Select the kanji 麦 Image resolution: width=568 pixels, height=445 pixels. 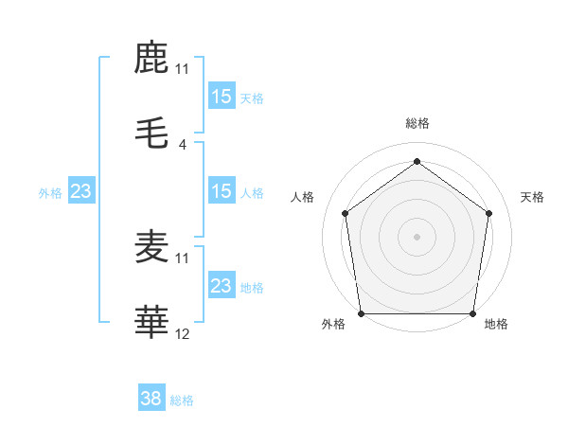click(151, 248)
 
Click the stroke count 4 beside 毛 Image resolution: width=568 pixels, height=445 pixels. click(183, 145)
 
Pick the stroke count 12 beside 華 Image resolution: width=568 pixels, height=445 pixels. click(183, 334)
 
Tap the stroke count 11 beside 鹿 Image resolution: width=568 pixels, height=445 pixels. click(183, 69)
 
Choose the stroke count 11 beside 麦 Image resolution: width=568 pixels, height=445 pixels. click(183, 258)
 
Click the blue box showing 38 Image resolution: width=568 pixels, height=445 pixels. click(151, 400)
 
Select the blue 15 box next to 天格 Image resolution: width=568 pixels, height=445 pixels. click(221, 97)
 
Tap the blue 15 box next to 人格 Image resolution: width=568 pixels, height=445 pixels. click(221, 191)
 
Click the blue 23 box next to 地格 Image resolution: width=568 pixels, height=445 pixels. click(221, 286)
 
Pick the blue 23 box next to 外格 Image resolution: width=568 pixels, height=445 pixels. click(80, 191)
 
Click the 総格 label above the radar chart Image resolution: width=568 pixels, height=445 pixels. click(417, 123)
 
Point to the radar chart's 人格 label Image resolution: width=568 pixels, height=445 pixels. click(303, 197)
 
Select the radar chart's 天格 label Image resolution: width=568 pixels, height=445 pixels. click(532, 197)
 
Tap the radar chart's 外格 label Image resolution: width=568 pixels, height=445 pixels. click(333, 325)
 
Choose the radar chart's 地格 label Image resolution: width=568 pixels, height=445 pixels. click(496, 325)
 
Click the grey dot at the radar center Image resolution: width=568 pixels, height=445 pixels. click(417, 236)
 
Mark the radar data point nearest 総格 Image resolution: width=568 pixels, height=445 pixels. click(417, 161)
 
